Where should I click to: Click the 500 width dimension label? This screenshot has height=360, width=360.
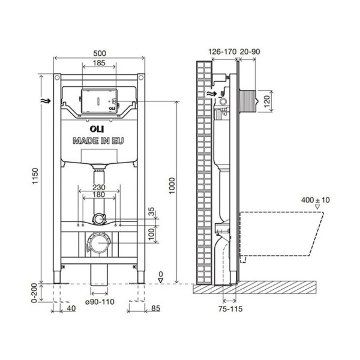click(100, 52)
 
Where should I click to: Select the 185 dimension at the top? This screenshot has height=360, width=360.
click(100, 63)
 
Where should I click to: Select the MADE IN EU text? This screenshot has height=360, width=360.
click(100, 142)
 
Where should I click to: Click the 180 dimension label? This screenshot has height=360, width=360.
click(100, 195)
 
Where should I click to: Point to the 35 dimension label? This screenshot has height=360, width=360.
click(152, 211)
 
